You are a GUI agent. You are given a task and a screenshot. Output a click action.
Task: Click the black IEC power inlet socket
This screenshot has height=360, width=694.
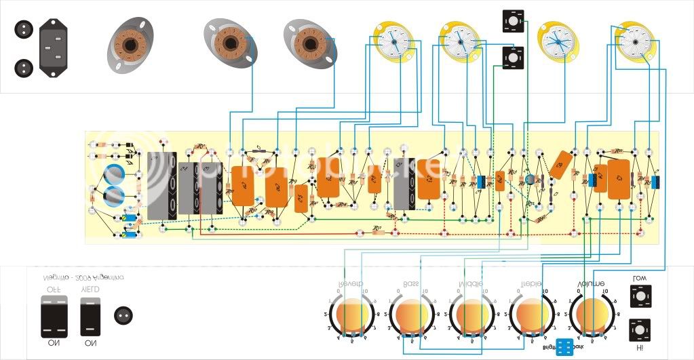57,47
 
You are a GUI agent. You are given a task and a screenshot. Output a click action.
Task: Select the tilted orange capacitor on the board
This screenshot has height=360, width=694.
561,165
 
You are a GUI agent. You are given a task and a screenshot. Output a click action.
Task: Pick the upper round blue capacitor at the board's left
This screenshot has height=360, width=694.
113,173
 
